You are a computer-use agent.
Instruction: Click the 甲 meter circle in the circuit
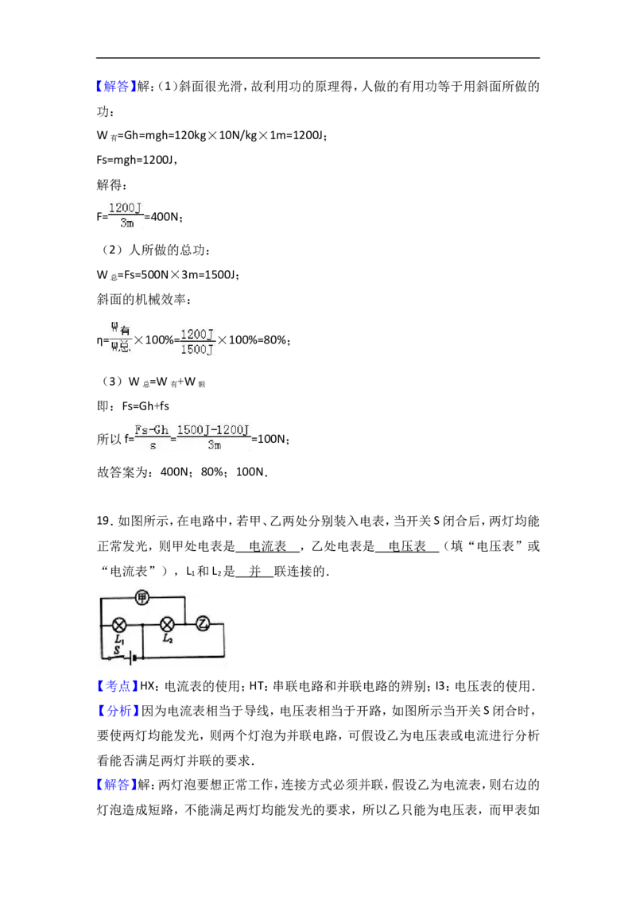point(142,598)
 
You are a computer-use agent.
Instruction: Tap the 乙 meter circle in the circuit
point(203,623)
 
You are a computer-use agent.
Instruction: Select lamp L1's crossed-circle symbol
point(118,624)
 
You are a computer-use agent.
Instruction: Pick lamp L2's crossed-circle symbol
point(167,624)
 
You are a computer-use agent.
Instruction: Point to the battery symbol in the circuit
point(132,658)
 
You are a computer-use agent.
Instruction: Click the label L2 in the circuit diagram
point(168,638)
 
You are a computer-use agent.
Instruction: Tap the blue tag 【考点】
point(118,686)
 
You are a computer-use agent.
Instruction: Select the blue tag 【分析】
point(118,711)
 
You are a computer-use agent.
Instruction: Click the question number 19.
point(103,522)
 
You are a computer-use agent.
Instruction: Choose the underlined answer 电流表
point(267,546)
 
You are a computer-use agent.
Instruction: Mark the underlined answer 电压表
point(408,546)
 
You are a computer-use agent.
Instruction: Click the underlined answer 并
point(255,571)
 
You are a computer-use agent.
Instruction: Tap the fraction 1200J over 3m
point(126,215)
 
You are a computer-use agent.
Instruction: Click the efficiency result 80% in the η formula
point(274,340)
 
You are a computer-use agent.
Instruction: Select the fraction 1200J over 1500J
point(197,342)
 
